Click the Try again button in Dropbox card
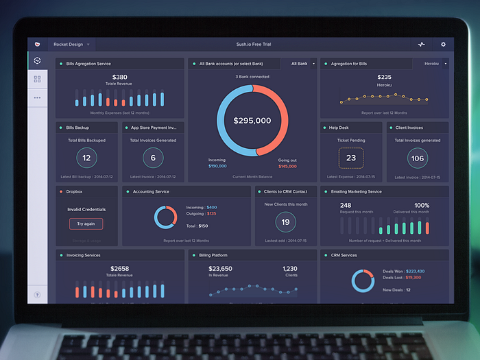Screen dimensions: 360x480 point(86,224)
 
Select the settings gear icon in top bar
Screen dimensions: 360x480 point(443,45)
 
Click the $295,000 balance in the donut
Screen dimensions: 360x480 point(252,121)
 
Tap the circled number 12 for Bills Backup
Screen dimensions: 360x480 point(86,158)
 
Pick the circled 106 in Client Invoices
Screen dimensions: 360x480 point(417,158)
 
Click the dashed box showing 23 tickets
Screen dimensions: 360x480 point(351,158)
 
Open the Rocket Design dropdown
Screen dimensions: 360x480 point(71,45)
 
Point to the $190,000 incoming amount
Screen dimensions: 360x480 point(217,166)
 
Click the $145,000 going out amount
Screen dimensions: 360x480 point(287,166)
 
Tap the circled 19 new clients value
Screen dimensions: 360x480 point(285,222)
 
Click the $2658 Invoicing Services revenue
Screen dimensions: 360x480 point(119,269)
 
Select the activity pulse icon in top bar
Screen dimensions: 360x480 point(421,45)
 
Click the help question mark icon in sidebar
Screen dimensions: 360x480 point(37,295)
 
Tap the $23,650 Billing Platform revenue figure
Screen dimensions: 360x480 point(220,269)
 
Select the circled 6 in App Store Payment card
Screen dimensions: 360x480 point(153,158)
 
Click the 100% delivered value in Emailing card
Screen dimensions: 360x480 point(422,205)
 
